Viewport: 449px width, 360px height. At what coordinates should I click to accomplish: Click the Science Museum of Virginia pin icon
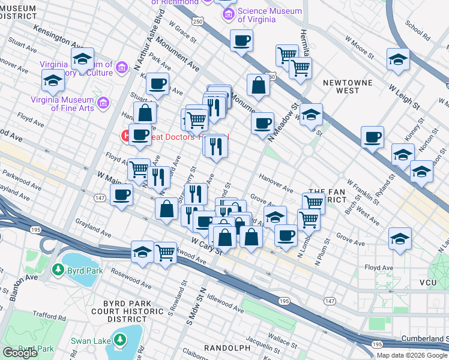228,13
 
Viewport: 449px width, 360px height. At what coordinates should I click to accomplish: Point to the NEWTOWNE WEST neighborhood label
348,86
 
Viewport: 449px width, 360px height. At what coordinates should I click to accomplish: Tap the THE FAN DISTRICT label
328,194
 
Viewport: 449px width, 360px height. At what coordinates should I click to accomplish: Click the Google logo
20,353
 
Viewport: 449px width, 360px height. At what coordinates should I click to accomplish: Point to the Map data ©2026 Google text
412,355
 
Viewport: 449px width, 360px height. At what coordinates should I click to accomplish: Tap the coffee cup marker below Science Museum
241,41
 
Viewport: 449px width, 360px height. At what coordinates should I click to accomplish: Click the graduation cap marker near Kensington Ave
82,59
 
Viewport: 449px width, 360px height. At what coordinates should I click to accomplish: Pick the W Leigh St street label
403,98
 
